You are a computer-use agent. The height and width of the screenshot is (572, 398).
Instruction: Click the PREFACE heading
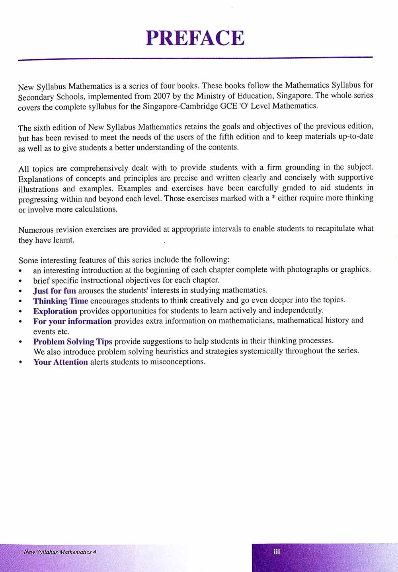195,38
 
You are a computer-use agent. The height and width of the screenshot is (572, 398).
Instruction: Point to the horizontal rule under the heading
195,59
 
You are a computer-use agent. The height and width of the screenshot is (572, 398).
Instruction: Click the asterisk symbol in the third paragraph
273,198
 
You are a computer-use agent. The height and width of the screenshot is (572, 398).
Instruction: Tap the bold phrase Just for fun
55,291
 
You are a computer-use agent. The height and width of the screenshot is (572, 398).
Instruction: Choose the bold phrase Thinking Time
60,301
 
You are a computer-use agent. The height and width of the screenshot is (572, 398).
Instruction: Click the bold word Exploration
55,311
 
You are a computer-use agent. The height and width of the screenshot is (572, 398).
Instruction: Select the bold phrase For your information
72,321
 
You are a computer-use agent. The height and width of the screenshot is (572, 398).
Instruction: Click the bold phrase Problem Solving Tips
73,342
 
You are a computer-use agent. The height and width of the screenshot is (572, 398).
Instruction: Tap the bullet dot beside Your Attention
20,363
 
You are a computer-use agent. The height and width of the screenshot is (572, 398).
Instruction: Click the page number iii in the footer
277,552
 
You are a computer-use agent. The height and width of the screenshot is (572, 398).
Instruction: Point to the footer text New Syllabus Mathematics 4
60,552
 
